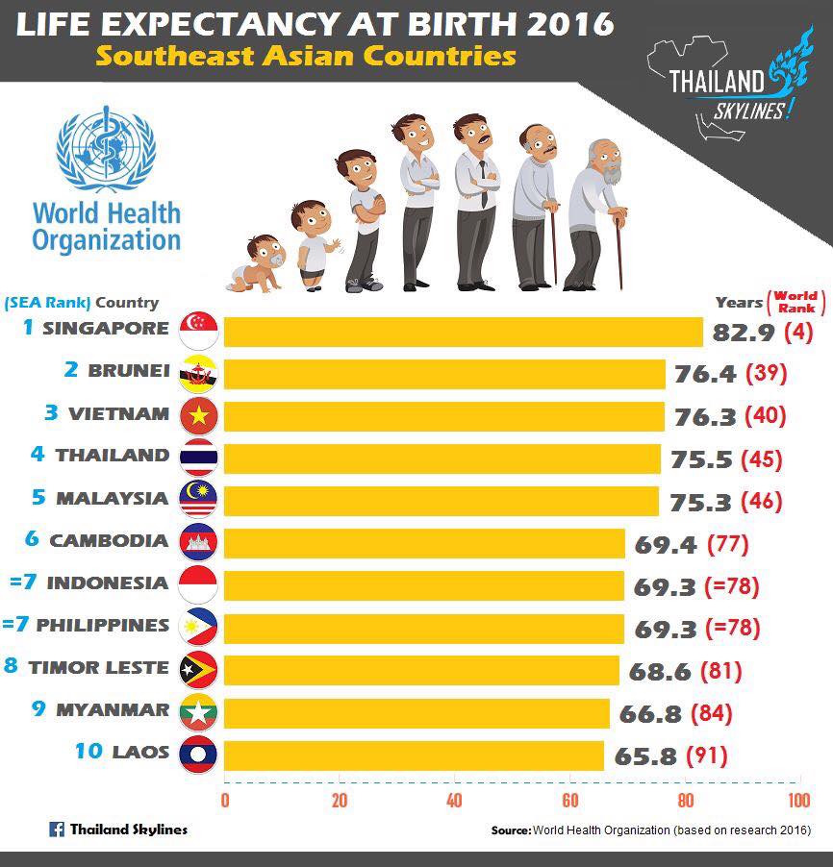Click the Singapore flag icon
[199, 331]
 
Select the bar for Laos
[414, 756]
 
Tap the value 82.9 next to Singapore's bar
[744, 333]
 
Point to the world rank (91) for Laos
[707, 756]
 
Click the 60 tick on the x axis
[570, 800]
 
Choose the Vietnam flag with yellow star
[199, 416]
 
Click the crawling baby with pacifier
[256, 263]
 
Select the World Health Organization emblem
[106, 149]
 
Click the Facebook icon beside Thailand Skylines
[57, 830]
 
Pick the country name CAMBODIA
[109, 541]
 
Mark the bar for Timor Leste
[421, 671]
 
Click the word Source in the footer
[511, 830]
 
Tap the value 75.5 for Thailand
[702, 459]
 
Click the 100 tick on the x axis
[799, 800]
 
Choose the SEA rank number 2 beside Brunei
[71, 369]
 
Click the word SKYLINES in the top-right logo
[748, 111]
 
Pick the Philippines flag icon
[198, 628]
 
